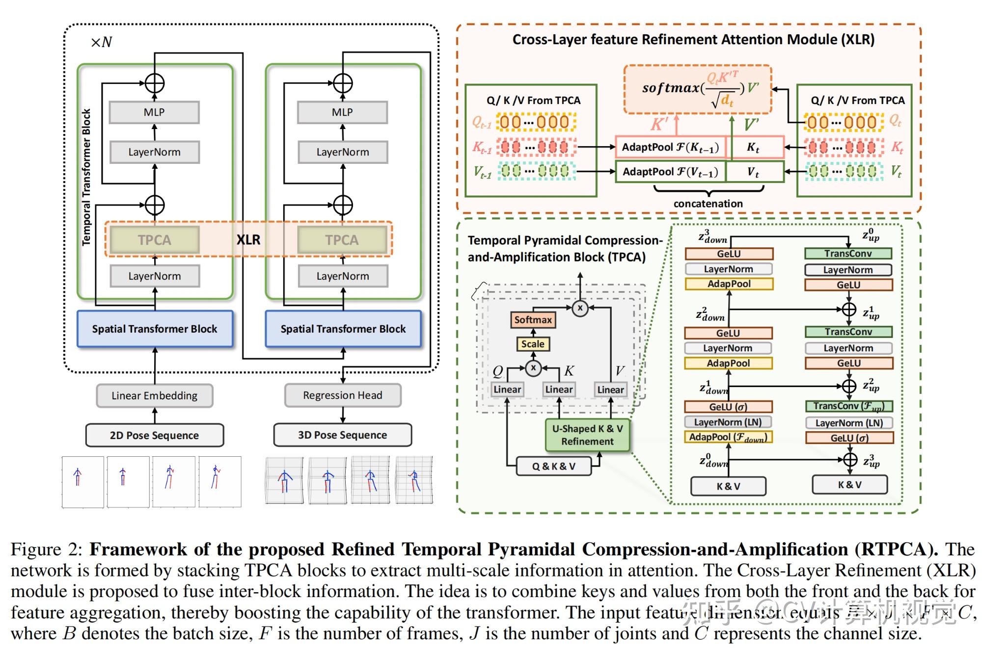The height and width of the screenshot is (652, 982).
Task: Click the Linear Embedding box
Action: [x=155, y=395]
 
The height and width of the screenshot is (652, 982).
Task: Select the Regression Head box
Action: [x=343, y=395]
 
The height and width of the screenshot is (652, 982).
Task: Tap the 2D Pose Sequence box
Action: [x=155, y=435]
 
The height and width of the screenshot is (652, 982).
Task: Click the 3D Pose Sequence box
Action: [x=343, y=435]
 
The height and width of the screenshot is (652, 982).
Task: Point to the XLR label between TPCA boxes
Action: [x=248, y=239]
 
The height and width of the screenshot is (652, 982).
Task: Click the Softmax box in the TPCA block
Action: [x=533, y=320]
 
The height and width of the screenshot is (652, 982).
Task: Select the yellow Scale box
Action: [x=533, y=344]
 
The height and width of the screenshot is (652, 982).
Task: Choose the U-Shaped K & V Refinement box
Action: [x=587, y=435]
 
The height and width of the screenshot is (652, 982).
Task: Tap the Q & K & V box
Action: [x=553, y=466]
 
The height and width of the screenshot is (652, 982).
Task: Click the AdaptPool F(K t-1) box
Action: [x=670, y=147]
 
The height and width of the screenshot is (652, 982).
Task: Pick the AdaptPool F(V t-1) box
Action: [x=670, y=172]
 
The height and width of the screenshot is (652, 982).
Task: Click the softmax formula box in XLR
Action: [x=698, y=89]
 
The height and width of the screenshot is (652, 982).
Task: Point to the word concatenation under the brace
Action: [x=708, y=204]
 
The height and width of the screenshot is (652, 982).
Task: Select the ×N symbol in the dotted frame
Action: [x=102, y=42]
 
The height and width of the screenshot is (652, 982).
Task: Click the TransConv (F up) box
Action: [x=848, y=406]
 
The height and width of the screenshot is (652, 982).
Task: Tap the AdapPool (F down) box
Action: [x=728, y=437]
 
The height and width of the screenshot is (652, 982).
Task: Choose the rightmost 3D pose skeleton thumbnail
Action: [x=414, y=480]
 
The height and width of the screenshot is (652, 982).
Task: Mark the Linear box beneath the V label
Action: [x=610, y=390]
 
